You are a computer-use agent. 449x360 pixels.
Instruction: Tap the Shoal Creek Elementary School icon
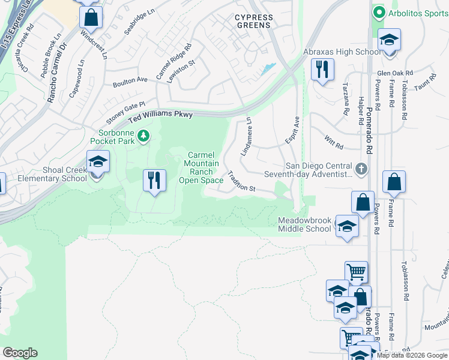tap(98, 161)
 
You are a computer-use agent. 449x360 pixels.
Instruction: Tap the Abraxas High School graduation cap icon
tap(389, 41)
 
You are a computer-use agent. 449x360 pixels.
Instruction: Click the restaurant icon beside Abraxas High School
tap(322, 70)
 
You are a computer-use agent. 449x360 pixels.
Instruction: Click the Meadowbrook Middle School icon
tap(346, 226)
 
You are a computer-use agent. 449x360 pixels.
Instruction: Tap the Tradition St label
tap(242, 182)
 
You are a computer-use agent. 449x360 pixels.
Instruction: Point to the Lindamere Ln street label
tap(246, 137)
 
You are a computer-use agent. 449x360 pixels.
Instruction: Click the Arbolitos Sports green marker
tap(378, 12)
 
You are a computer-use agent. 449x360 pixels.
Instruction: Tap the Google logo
tap(20, 353)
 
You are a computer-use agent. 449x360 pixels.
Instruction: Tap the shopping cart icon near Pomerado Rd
tap(357, 272)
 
